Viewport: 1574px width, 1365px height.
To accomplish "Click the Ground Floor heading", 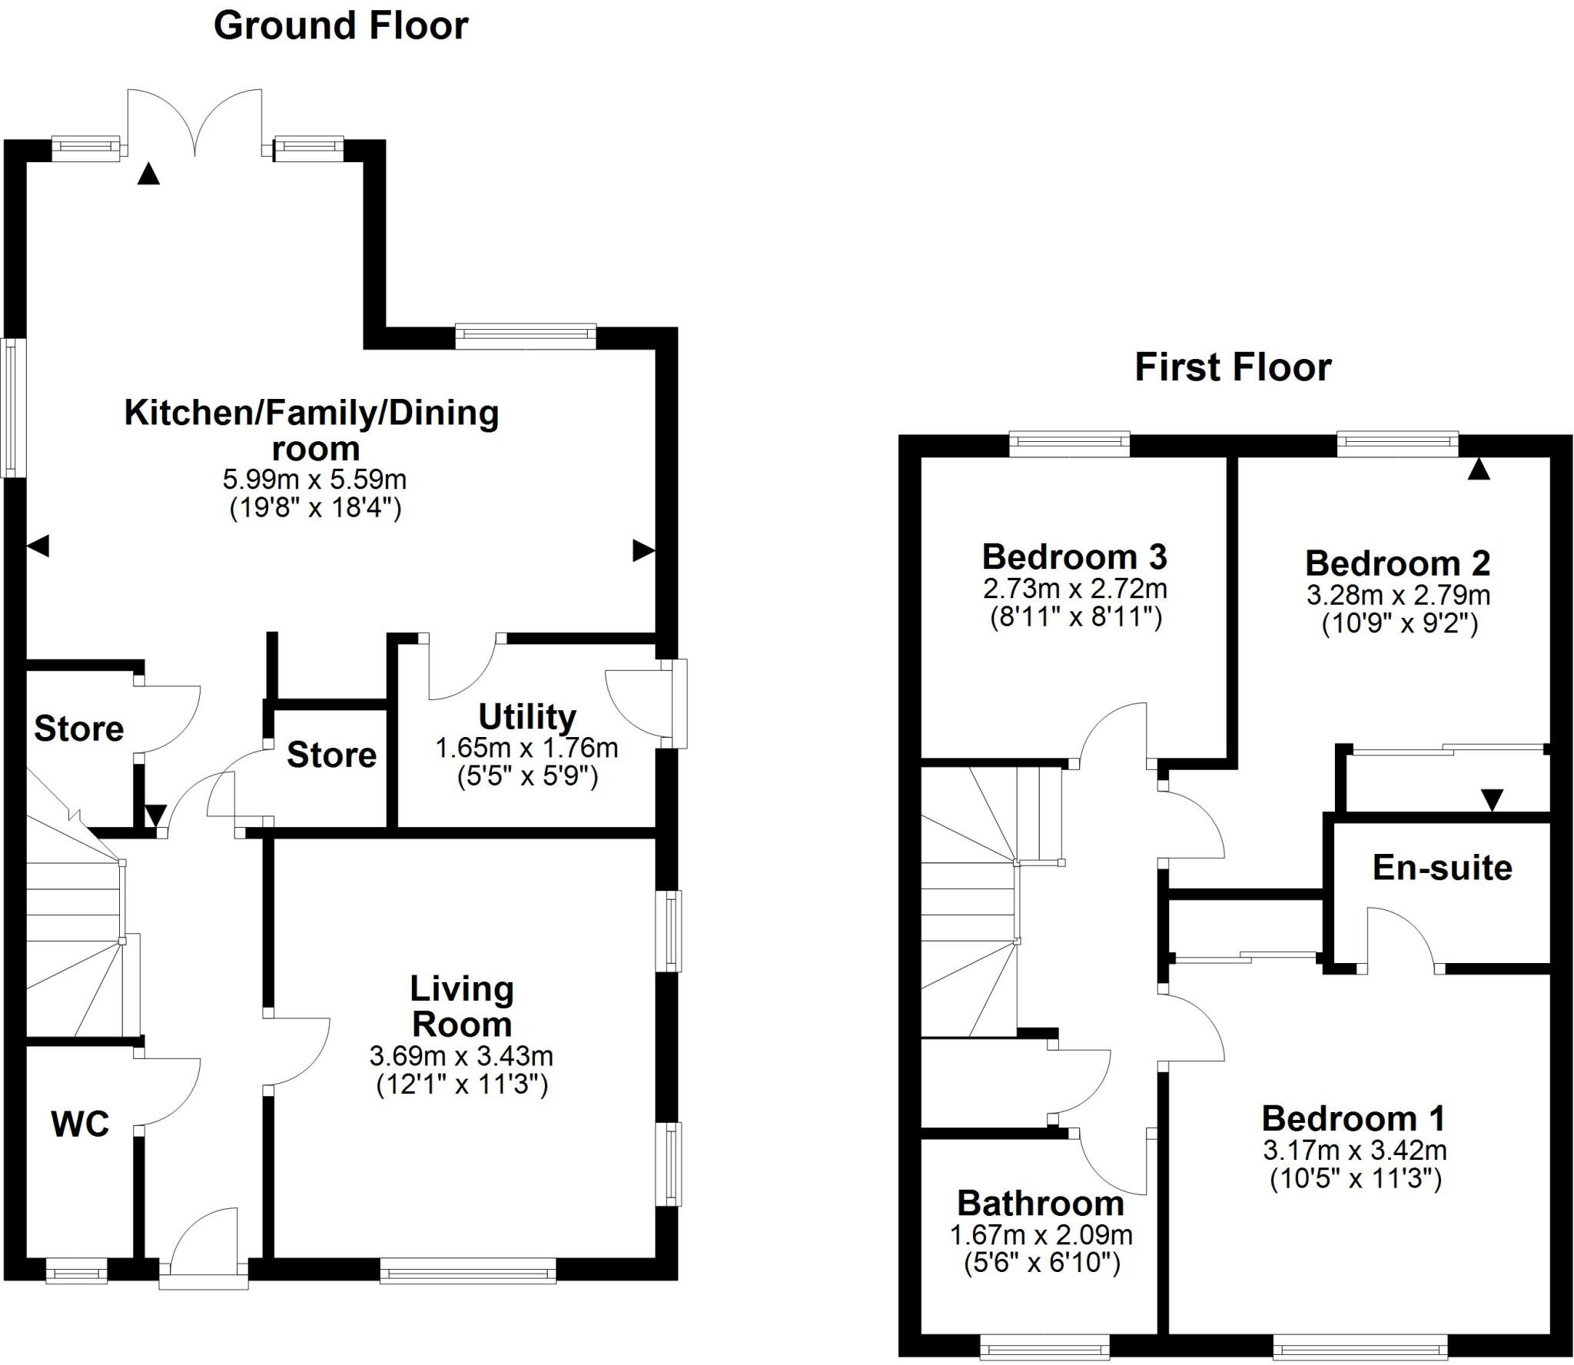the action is (340, 26).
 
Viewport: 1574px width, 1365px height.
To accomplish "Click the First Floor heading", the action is (1233, 367).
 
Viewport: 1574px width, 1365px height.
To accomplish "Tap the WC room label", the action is (80, 1124).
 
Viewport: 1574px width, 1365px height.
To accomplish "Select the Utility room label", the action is (527, 716).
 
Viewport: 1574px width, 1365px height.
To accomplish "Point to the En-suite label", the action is (1442, 868).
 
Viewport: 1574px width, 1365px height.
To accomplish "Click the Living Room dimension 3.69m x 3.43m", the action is (461, 1056).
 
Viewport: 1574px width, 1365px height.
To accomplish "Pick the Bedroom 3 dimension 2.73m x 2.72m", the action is (1074, 589).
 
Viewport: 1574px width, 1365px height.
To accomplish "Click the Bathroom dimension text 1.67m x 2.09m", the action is (1041, 1235).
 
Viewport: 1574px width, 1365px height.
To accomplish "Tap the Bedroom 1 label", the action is (1353, 1118).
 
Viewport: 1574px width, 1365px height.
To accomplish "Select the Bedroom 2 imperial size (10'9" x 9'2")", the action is (1400, 623).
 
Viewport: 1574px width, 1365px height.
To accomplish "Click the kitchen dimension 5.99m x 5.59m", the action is (314, 480).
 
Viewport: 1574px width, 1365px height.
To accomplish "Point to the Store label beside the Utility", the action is (331, 755).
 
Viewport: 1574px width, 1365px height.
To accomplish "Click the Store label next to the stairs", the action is (78, 729).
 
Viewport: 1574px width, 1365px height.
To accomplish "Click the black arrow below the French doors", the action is (148, 174).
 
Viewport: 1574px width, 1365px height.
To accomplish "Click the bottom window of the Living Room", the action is (467, 1270).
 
